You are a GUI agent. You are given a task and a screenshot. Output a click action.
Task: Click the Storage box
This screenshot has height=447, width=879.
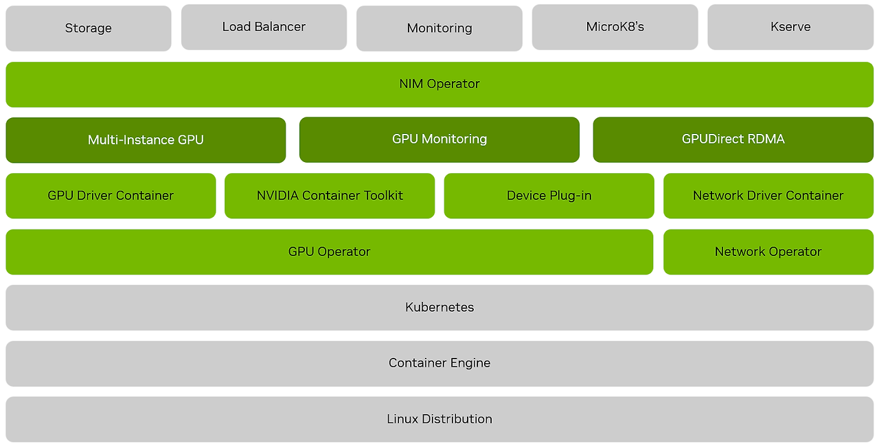click(88, 28)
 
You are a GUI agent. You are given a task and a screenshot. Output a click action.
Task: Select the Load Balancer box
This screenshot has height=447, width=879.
click(264, 27)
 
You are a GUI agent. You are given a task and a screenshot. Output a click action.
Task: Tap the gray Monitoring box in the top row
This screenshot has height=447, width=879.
click(439, 28)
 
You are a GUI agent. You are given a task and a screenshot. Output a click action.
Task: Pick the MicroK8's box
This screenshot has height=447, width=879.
click(615, 27)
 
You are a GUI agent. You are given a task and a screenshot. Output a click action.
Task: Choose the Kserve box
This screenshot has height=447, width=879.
click(790, 27)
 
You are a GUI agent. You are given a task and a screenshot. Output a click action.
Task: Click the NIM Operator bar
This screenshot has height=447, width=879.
click(439, 84)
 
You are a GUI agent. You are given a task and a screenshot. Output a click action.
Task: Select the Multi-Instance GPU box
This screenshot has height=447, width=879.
click(146, 140)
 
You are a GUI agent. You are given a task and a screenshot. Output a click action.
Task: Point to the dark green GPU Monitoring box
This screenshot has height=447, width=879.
click(439, 139)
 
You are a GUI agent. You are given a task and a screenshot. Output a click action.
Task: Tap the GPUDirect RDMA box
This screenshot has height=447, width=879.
click(733, 139)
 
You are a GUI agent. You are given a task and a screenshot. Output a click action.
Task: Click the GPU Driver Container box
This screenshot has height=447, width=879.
click(111, 196)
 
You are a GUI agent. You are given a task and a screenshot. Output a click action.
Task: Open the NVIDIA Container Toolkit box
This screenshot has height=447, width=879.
click(330, 196)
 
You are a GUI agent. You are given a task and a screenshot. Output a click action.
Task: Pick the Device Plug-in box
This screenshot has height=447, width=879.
click(549, 196)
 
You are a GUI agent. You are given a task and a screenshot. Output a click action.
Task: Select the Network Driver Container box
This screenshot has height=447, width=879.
click(768, 196)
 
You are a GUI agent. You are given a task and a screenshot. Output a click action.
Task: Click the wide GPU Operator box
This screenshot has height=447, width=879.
click(330, 252)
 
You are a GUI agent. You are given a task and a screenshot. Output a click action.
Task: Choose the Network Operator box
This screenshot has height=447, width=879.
click(768, 252)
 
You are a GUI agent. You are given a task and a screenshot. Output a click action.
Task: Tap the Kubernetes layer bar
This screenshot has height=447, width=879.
click(439, 308)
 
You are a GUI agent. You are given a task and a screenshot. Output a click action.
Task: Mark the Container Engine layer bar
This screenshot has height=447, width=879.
click(439, 363)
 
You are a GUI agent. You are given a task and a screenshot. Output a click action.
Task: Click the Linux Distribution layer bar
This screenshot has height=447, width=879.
click(439, 419)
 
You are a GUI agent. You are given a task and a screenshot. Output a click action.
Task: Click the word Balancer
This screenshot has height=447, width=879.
click(280, 27)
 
